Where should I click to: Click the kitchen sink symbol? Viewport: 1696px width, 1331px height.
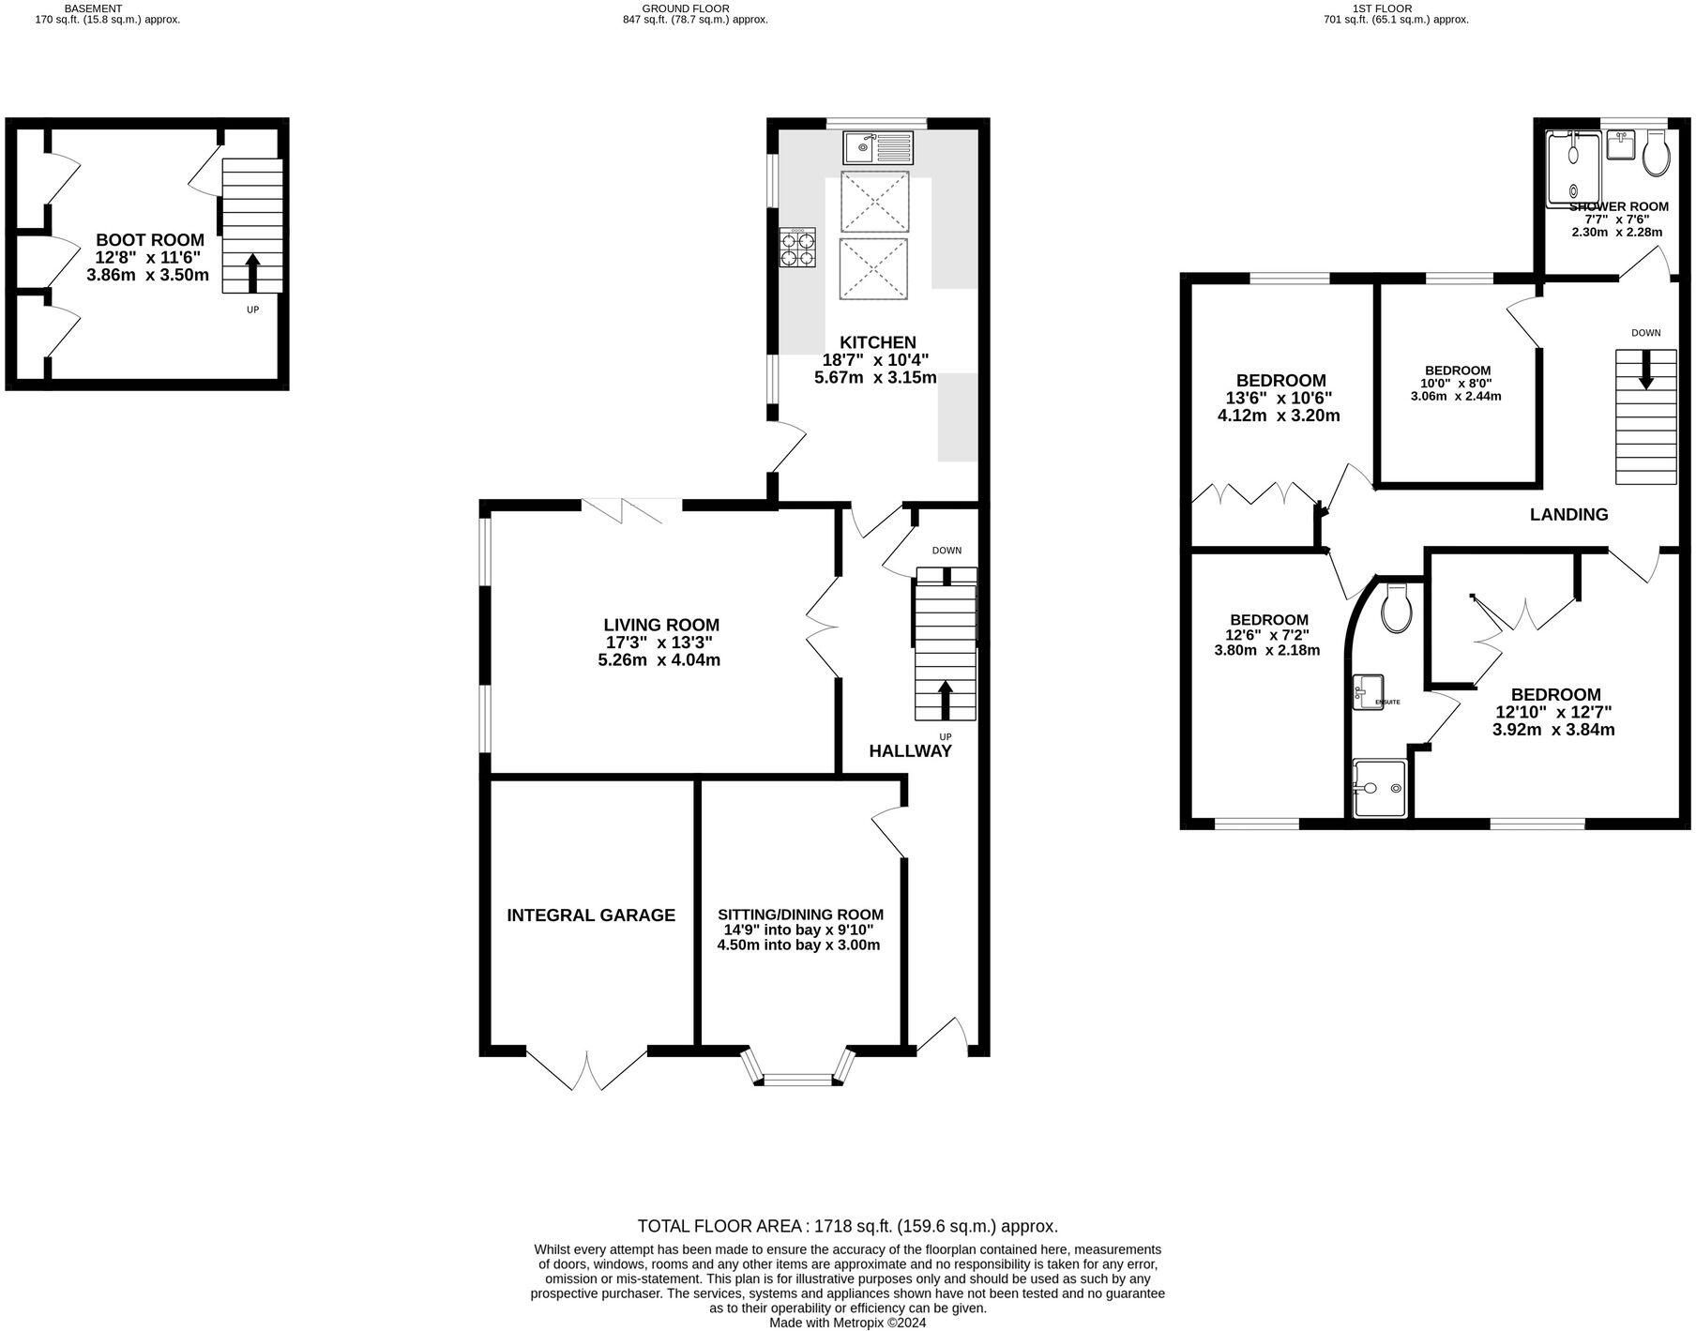(877, 147)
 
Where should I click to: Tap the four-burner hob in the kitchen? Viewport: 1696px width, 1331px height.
(798, 248)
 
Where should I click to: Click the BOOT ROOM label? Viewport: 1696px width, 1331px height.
(150, 240)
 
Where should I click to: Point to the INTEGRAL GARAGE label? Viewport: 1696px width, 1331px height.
(591, 915)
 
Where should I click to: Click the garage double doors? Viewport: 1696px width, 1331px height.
(587, 1069)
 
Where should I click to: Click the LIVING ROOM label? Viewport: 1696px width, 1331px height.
(660, 625)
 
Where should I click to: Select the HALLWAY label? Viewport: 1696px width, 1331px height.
(910, 751)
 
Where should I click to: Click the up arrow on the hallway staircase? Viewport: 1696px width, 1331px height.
(945, 700)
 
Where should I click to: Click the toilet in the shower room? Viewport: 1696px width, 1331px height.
(1655, 154)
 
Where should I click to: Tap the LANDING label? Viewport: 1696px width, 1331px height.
(1568, 514)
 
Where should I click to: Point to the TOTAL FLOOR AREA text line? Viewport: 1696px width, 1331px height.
(847, 1226)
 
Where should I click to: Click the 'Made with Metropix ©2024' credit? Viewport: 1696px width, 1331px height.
(847, 1323)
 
